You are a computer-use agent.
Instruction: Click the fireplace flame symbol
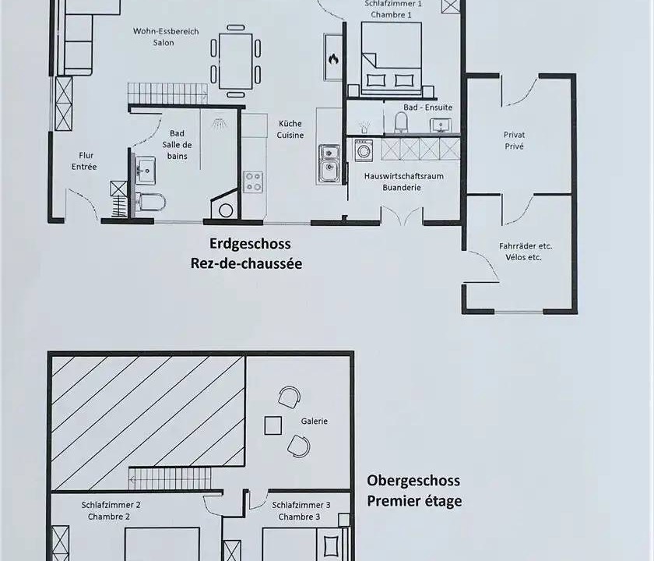[x=333, y=59]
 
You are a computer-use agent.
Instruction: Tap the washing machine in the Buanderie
[x=364, y=150]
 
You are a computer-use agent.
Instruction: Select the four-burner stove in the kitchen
[x=253, y=182]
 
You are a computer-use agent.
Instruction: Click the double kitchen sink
[x=329, y=163]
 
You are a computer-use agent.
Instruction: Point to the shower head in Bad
[x=218, y=123]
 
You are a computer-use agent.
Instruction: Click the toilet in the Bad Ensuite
[x=401, y=122]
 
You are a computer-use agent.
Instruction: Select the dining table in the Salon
[x=236, y=61]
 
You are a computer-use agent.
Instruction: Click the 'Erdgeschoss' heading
[x=250, y=244]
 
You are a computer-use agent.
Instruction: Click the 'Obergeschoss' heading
[x=413, y=481]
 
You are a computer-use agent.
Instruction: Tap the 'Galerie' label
[x=315, y=422]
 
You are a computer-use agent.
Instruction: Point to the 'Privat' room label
[x=515, y=135]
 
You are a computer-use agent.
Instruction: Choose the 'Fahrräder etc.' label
[x=526, y=246]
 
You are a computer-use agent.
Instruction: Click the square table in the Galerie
[x=272, y=425]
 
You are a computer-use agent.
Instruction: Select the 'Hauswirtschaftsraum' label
[x=404, y=176]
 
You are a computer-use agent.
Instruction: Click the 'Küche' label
[x=290, y=124]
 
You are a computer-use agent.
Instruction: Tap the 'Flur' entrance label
[x=86, y=155]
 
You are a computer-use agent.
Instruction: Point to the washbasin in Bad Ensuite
[x=441, y=125]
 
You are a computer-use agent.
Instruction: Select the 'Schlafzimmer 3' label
[x=301, y=505]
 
